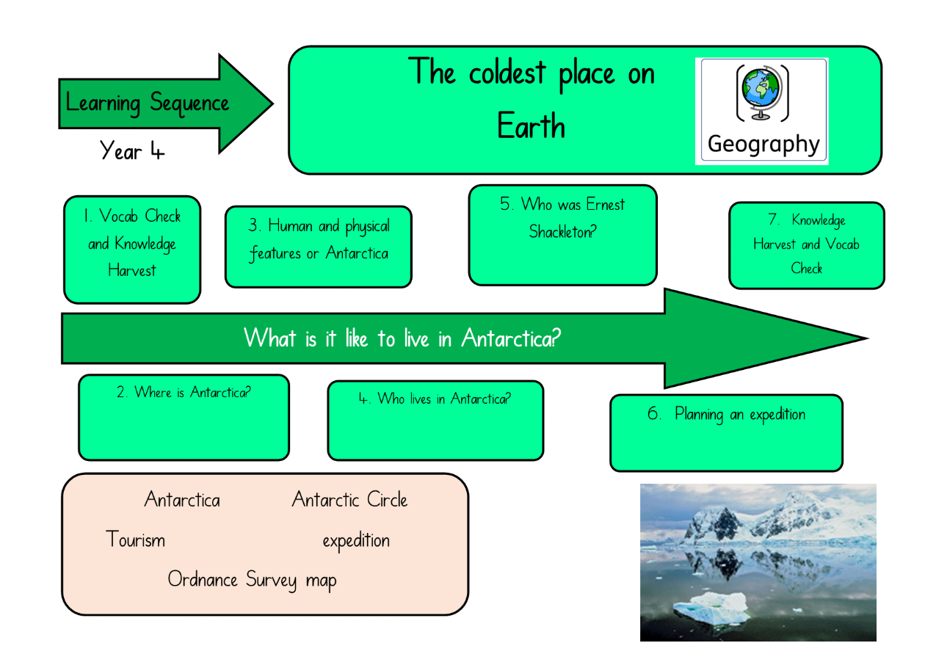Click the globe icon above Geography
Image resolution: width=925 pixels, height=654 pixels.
(762, 93)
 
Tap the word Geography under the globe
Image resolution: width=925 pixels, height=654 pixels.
(763, 145)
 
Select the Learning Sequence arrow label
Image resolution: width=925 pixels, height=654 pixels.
(147, 103)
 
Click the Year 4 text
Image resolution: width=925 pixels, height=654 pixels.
(131, 150)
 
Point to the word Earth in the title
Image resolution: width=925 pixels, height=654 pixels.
(531, 125)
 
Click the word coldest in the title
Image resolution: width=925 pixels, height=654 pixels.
(507, 73)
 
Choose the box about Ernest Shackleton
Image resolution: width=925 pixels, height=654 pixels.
(562, 235)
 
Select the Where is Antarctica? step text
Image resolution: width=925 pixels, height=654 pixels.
(184, 392)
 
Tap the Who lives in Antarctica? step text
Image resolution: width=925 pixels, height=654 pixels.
(435, 399)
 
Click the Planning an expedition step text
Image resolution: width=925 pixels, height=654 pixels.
(726, 414)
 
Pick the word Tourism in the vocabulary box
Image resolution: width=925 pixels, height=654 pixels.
(135, 539)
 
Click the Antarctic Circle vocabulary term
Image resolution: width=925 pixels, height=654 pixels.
(349, 500)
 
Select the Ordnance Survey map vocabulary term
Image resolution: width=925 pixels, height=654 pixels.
(252, 580)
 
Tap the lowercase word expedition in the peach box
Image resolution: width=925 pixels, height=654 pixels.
(356, 541)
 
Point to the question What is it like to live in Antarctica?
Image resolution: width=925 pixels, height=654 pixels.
(402, 338)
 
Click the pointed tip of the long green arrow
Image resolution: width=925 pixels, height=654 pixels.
(868, 338)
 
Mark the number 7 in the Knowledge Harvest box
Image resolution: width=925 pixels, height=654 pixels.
(773, 219)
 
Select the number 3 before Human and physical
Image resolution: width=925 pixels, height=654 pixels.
(253, 225)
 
